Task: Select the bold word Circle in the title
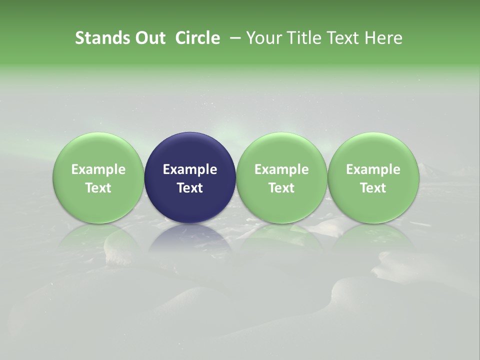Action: point(197,38)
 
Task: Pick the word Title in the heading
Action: point(301,38)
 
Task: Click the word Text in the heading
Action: point(341,38)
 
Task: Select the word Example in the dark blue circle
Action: point(190,169)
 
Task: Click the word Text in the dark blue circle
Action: point(190,188)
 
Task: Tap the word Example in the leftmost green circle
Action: point(98,169)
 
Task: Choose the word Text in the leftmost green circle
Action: point(98,188)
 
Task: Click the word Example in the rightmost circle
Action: point(373,169)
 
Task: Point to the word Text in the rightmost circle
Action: point(373,188)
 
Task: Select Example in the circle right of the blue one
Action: point(281,169)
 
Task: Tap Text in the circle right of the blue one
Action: point(281,188)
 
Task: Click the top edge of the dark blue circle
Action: point(190,133)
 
